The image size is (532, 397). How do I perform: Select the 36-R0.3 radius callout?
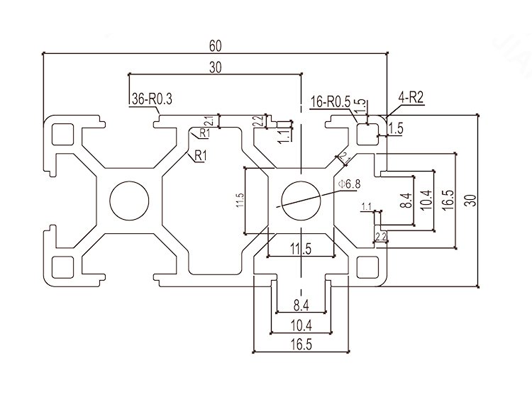[152, 100]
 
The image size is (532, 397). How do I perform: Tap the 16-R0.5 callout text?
[331, 101]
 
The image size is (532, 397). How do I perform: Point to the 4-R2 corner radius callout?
[411, 99]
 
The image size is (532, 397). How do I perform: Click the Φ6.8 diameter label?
[350, 184]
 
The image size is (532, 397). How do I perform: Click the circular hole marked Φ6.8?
[300, 201]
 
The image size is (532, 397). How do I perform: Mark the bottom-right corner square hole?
[367, 267]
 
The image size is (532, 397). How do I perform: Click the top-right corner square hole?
[367, 133]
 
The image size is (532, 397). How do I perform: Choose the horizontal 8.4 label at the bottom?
[301, 306]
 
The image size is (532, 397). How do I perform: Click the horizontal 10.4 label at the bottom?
[301, 325]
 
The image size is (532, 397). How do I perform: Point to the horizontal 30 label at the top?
[215, 67]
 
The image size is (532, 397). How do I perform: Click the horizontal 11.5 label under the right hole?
[301, 248]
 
